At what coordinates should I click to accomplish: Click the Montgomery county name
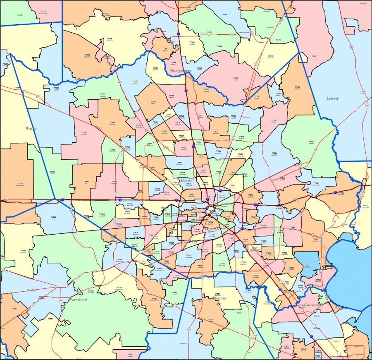(x=180, y=71)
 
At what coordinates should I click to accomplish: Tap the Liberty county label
(x=332, y=98)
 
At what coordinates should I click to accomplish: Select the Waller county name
(x=31, y=128)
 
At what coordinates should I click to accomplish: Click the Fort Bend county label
(x=78, y=300)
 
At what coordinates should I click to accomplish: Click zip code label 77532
(x=311, y=142)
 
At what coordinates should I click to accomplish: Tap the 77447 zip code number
(x=56, y=88)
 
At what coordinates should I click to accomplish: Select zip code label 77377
(x=103, y=94)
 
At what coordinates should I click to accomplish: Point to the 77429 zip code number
(x=112, y=122)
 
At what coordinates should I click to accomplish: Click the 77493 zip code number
(x=52, y=171)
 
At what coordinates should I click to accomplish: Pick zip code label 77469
(x=91, y=291)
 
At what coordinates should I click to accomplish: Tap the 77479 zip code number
(x=119, y=288)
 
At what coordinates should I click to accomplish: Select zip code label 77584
(x=217, y=293)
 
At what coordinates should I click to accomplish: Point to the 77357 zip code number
(x=271, y=56)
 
